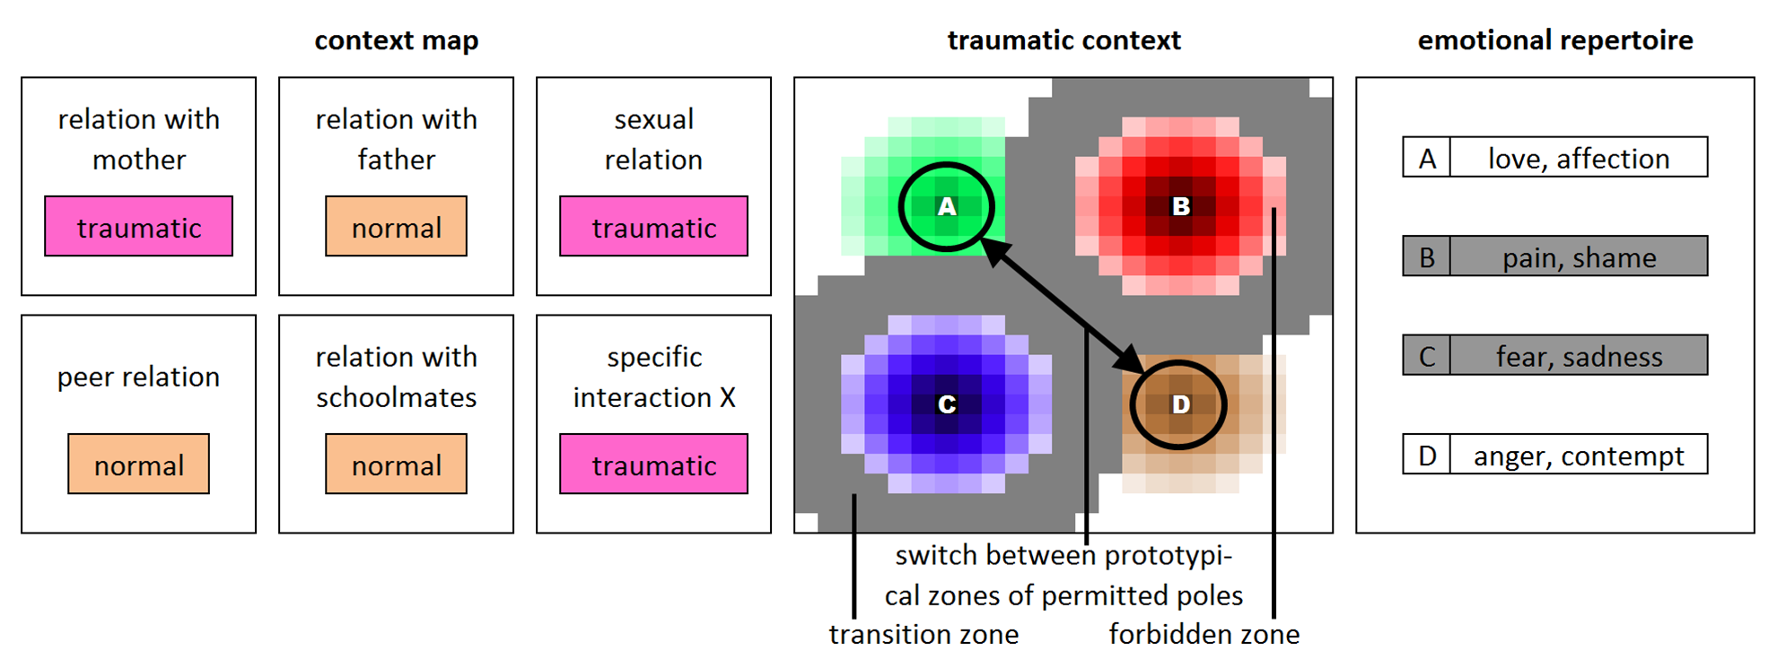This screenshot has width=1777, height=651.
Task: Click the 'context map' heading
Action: pos(397,41)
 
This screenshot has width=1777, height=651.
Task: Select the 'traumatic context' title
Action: pos(1064,40)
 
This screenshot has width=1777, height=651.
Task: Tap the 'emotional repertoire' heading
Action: pos(1555,41)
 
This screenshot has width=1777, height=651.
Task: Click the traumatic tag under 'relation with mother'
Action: pos(139,227)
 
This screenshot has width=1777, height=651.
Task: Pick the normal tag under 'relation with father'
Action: pos(397,227)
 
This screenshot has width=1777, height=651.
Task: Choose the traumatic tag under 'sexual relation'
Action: pos(654,227)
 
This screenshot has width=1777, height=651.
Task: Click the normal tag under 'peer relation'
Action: pos(139,464)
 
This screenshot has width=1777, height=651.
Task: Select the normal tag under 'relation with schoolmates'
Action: pos(397,464)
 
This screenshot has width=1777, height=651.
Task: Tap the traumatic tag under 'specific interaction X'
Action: pos(654,464)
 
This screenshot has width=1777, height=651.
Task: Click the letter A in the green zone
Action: pos(947,207)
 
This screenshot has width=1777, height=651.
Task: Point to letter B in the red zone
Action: pos(1181,206)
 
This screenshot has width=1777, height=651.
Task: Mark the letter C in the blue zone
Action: pos(947,404)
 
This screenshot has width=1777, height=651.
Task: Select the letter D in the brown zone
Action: pos(1181,404)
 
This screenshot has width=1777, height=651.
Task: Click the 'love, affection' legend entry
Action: pos(1555,157)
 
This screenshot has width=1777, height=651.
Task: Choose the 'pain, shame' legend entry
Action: pos(1555,256)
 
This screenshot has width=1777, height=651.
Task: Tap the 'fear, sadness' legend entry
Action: pos(1555,355)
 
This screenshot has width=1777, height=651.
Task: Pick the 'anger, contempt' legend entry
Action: pos(1555,454)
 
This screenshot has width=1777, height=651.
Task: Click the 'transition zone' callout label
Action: pos(924,634)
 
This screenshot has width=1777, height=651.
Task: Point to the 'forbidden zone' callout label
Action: pos(1204,634)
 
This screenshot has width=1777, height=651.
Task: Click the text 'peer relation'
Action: pos(139,378)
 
